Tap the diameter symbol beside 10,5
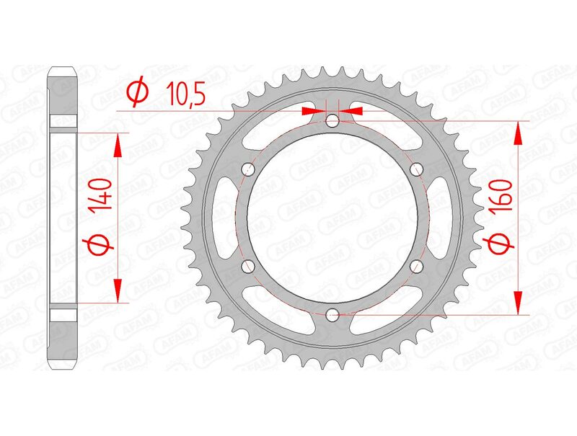(137, 92)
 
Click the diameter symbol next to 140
(101, 245)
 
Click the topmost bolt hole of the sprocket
(332, 121)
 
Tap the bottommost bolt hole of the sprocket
(332, 314)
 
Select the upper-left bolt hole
(248, 169)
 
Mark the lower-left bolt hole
(248, 266)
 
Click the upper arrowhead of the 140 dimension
(118, 144)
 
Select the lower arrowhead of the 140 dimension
(118, 291)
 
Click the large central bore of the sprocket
(332, 218)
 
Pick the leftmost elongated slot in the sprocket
(221, 218)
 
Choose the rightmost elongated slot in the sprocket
(442, 218)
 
